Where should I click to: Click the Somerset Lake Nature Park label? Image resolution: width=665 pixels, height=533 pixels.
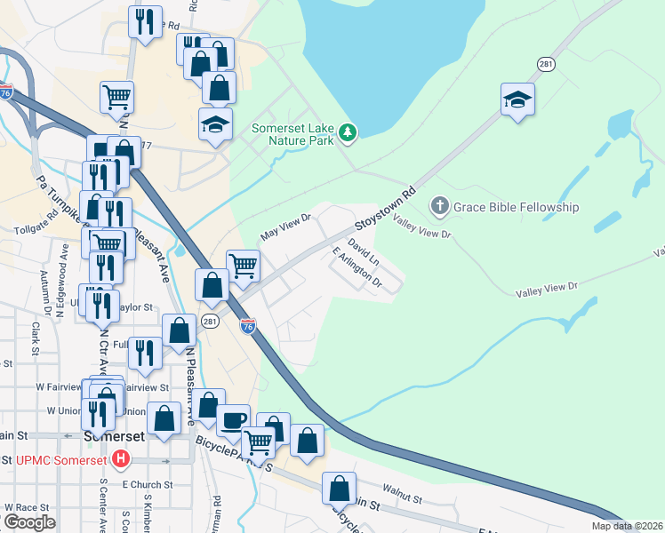(x=292, y=134)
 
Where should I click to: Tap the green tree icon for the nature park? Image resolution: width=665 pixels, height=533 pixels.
(x=349, y=133)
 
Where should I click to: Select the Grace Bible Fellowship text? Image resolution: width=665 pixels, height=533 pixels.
(x=516, y=207)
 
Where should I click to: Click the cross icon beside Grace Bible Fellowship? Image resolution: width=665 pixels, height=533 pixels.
(x=439, y=207)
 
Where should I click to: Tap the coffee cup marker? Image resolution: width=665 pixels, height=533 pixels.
(x=234, y=420)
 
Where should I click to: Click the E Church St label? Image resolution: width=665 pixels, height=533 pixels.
(x=140, y=484)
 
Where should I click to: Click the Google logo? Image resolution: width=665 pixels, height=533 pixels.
(x=29, y=522)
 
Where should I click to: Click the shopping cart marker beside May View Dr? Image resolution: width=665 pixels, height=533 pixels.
(x=243, y=265)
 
